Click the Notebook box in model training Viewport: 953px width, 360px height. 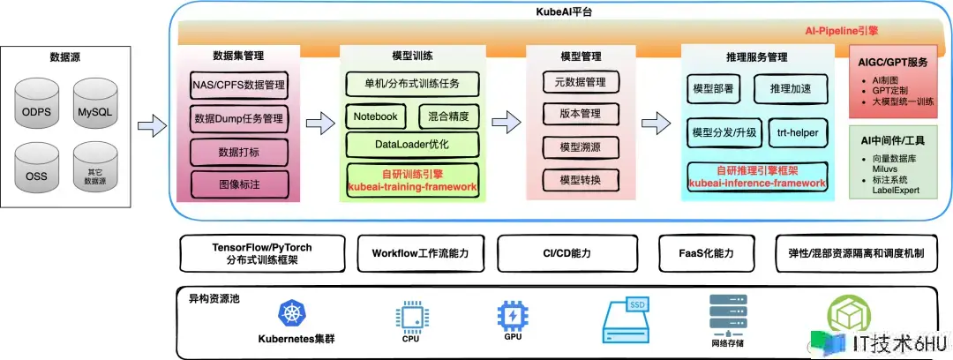point(376,116)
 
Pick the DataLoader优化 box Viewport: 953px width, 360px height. point(412,144)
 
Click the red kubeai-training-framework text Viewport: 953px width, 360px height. point(412,187)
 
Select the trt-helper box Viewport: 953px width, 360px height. point(797,132)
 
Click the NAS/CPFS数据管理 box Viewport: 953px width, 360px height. point(238,86)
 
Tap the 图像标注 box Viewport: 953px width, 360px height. point(238,184)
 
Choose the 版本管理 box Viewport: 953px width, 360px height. point(579,114)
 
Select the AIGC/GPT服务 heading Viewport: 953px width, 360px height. point(893,64)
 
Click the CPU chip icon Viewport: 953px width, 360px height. point(410,315)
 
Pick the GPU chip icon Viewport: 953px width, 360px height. point(511,314)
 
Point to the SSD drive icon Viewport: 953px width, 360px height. point(628,319)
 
